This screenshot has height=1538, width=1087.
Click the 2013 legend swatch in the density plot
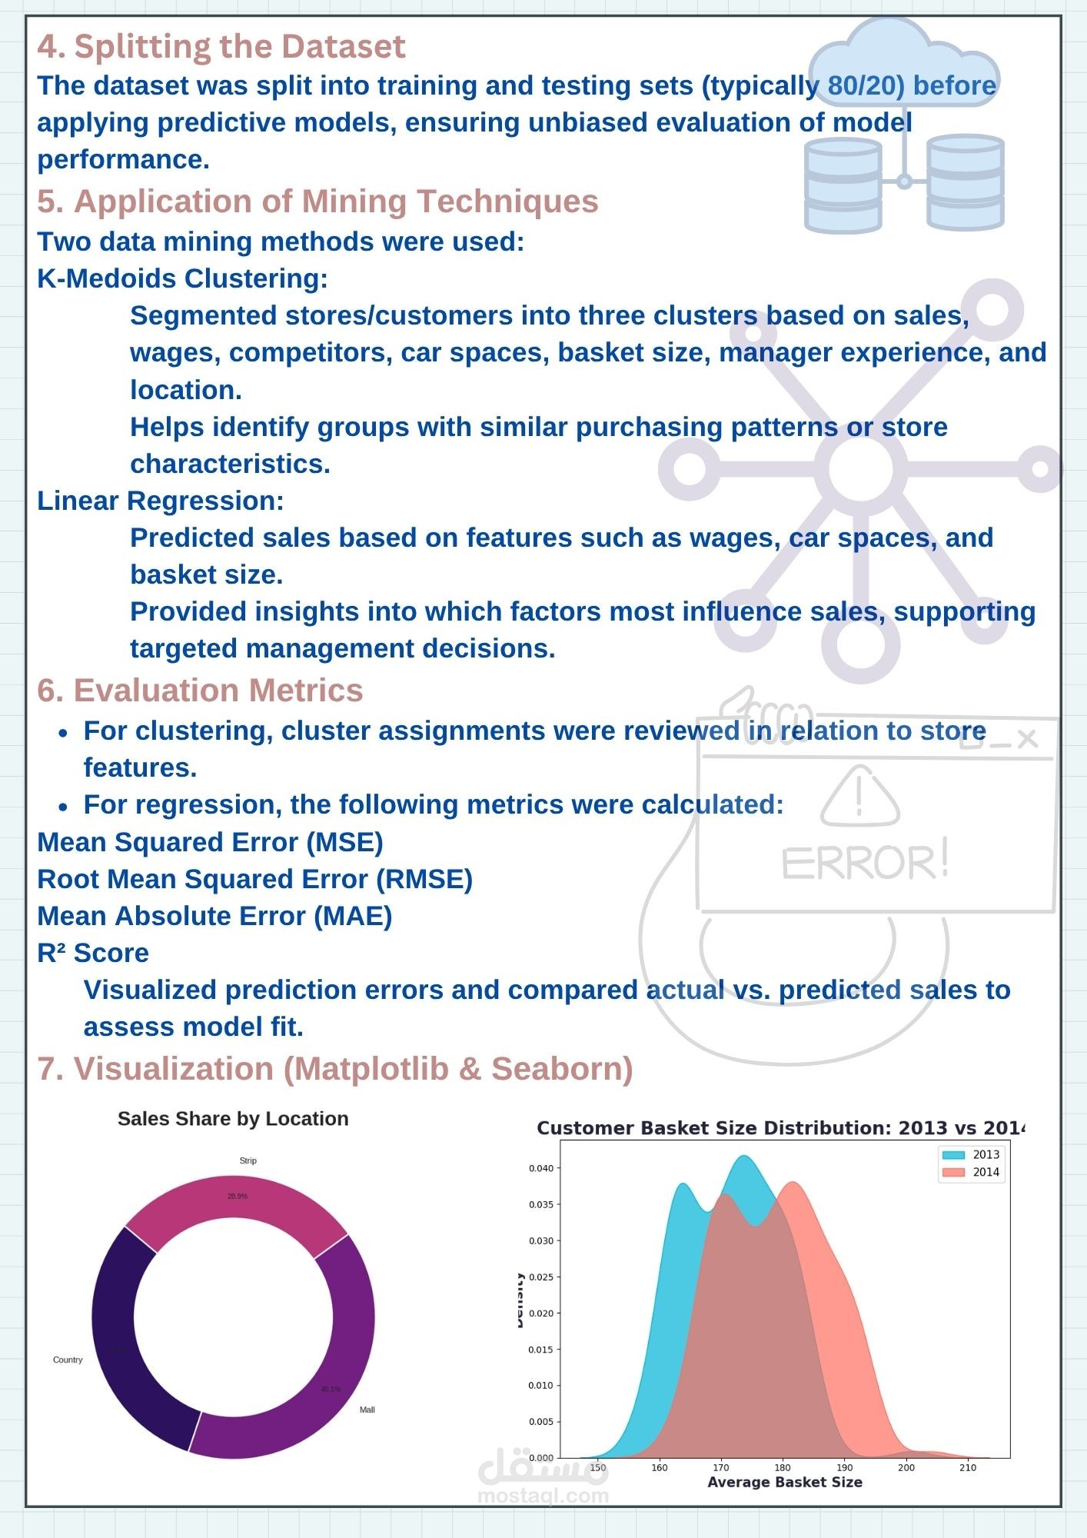953,1154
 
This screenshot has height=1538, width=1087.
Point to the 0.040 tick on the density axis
540,1168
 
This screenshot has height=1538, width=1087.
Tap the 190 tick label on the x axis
844,1467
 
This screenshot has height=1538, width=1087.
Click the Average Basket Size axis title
784,1482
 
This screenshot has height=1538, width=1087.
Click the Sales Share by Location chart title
233,1119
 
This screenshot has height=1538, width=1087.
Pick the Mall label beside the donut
367,1410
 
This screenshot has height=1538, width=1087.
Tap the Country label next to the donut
68,1360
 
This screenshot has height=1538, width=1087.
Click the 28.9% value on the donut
237,1197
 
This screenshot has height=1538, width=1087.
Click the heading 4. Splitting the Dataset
221,46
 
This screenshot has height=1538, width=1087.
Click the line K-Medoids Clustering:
182,278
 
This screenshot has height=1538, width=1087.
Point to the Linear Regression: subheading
161,501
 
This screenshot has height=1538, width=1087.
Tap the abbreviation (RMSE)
424,879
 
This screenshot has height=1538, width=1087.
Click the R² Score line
93,953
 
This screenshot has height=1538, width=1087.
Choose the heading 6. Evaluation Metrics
200,690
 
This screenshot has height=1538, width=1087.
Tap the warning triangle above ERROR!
859,797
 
